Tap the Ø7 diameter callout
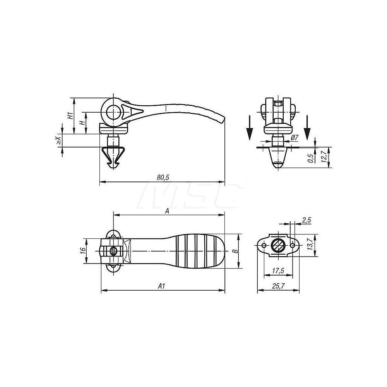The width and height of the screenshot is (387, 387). tap(294, 138)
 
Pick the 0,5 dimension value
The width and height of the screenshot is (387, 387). tap(310, 159)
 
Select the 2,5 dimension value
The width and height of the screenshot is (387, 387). tap(307, 220)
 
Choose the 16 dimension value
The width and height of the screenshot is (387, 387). tap(82, 251)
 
